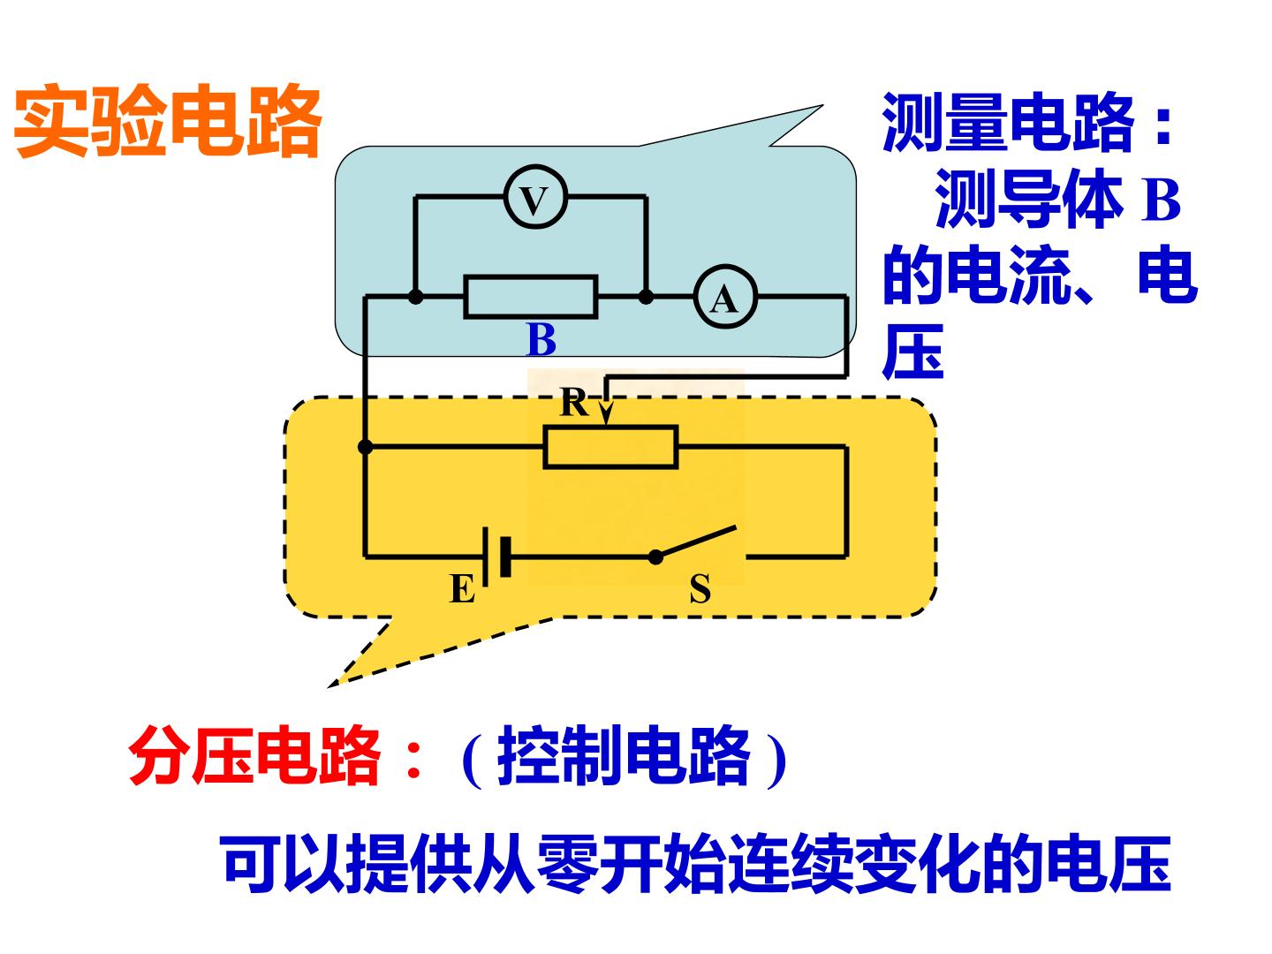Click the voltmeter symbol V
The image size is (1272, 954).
[534, 197]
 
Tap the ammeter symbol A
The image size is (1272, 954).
[724, 297]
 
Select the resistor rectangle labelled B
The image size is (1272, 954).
[530, 297]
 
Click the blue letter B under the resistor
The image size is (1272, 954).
[541, 340]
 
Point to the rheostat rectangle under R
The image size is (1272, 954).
[610, 447]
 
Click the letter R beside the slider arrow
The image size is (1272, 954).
[573, 402]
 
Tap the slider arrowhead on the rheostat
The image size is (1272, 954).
[606, 415]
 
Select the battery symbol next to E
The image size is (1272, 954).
[496, 556]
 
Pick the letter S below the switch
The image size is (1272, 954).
[700, 589]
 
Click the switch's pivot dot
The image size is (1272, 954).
[655, 557]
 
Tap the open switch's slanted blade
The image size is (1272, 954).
[696, 541]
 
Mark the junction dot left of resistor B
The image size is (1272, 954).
[415, 297]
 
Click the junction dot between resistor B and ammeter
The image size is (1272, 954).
[646, 297]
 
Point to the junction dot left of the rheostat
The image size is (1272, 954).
[365, 447]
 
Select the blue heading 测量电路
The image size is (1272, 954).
[1008, 122]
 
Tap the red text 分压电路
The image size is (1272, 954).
[254, 756]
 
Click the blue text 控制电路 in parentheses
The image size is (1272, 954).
[624, 756]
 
